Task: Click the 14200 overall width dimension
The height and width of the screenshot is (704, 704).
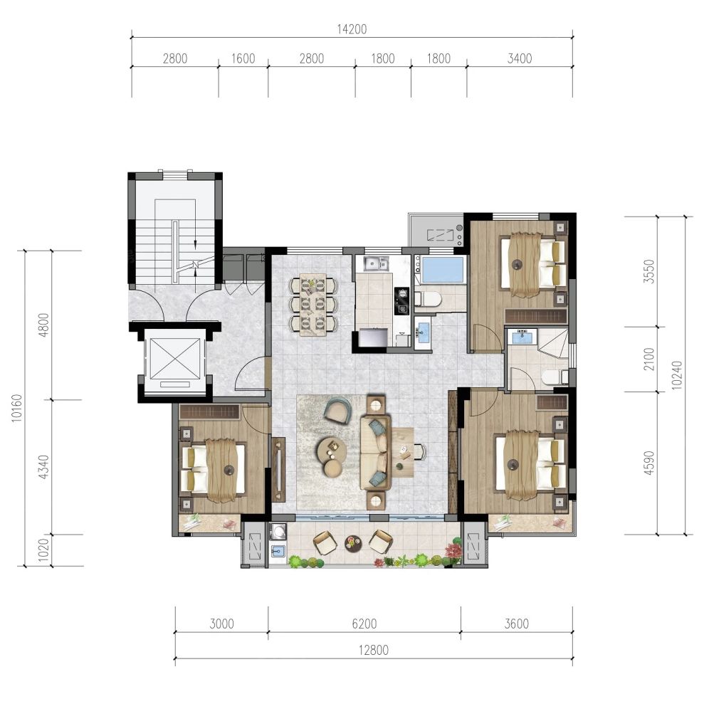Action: click(352, 29)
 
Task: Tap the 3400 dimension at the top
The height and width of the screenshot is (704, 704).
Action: click(520, 58)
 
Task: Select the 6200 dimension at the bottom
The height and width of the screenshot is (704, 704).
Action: click(364, 624)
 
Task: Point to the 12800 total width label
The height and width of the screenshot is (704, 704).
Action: click(374, 650)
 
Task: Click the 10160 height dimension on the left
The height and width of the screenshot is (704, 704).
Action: click(16, 408)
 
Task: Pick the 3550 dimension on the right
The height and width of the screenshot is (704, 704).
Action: click(648, 272)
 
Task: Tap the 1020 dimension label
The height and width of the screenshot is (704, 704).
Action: click(43, 550)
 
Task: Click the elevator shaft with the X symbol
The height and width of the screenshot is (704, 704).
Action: click(174, 359)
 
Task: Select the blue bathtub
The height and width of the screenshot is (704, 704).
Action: click(443, 270)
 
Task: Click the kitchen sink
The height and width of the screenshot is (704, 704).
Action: click(377, 263)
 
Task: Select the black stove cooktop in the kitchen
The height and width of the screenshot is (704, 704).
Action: click(401, 301)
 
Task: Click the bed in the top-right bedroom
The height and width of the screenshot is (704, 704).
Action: click(533, 265)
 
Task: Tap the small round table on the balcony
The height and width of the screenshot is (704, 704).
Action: click(353, 543)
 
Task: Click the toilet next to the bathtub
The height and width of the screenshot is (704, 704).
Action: click(428, 298)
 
